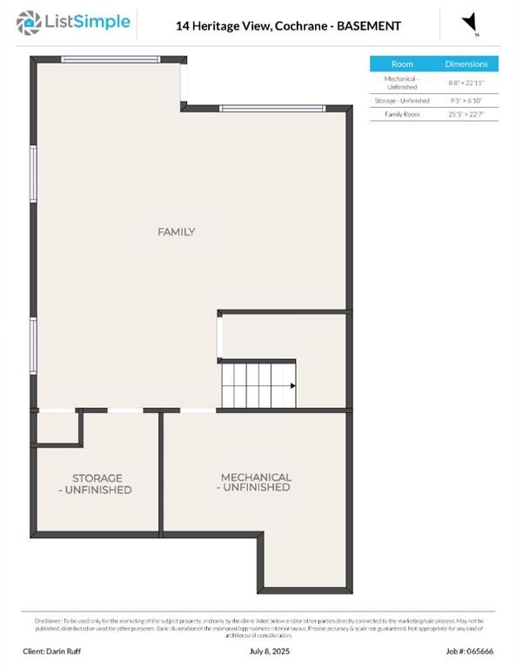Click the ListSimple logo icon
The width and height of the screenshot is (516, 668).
click(29, 22)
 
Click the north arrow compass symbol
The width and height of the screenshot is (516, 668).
click(470, 23)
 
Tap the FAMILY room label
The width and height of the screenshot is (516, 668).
click(176, 232)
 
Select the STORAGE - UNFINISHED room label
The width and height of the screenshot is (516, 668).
click(97, 484)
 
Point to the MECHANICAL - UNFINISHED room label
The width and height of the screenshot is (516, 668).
click(255, 483)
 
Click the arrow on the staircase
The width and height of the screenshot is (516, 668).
click(292, 385)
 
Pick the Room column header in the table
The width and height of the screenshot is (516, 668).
click(402, 64)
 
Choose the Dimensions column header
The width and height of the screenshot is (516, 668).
click(466, 64)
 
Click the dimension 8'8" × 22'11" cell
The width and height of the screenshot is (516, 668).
click(466, 83)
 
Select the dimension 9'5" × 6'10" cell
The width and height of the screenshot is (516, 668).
click(466, 101)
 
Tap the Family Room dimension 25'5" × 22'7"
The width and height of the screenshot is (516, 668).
click(466, 114)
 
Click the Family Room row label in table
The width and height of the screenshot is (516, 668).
click(402, 114)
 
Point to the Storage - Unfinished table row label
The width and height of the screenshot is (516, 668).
click(402, 101)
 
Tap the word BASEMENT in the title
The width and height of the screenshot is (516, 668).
click(369, 26)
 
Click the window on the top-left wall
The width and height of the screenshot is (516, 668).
click(111, 59)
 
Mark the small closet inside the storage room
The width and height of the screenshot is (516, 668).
click(57, 427)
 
